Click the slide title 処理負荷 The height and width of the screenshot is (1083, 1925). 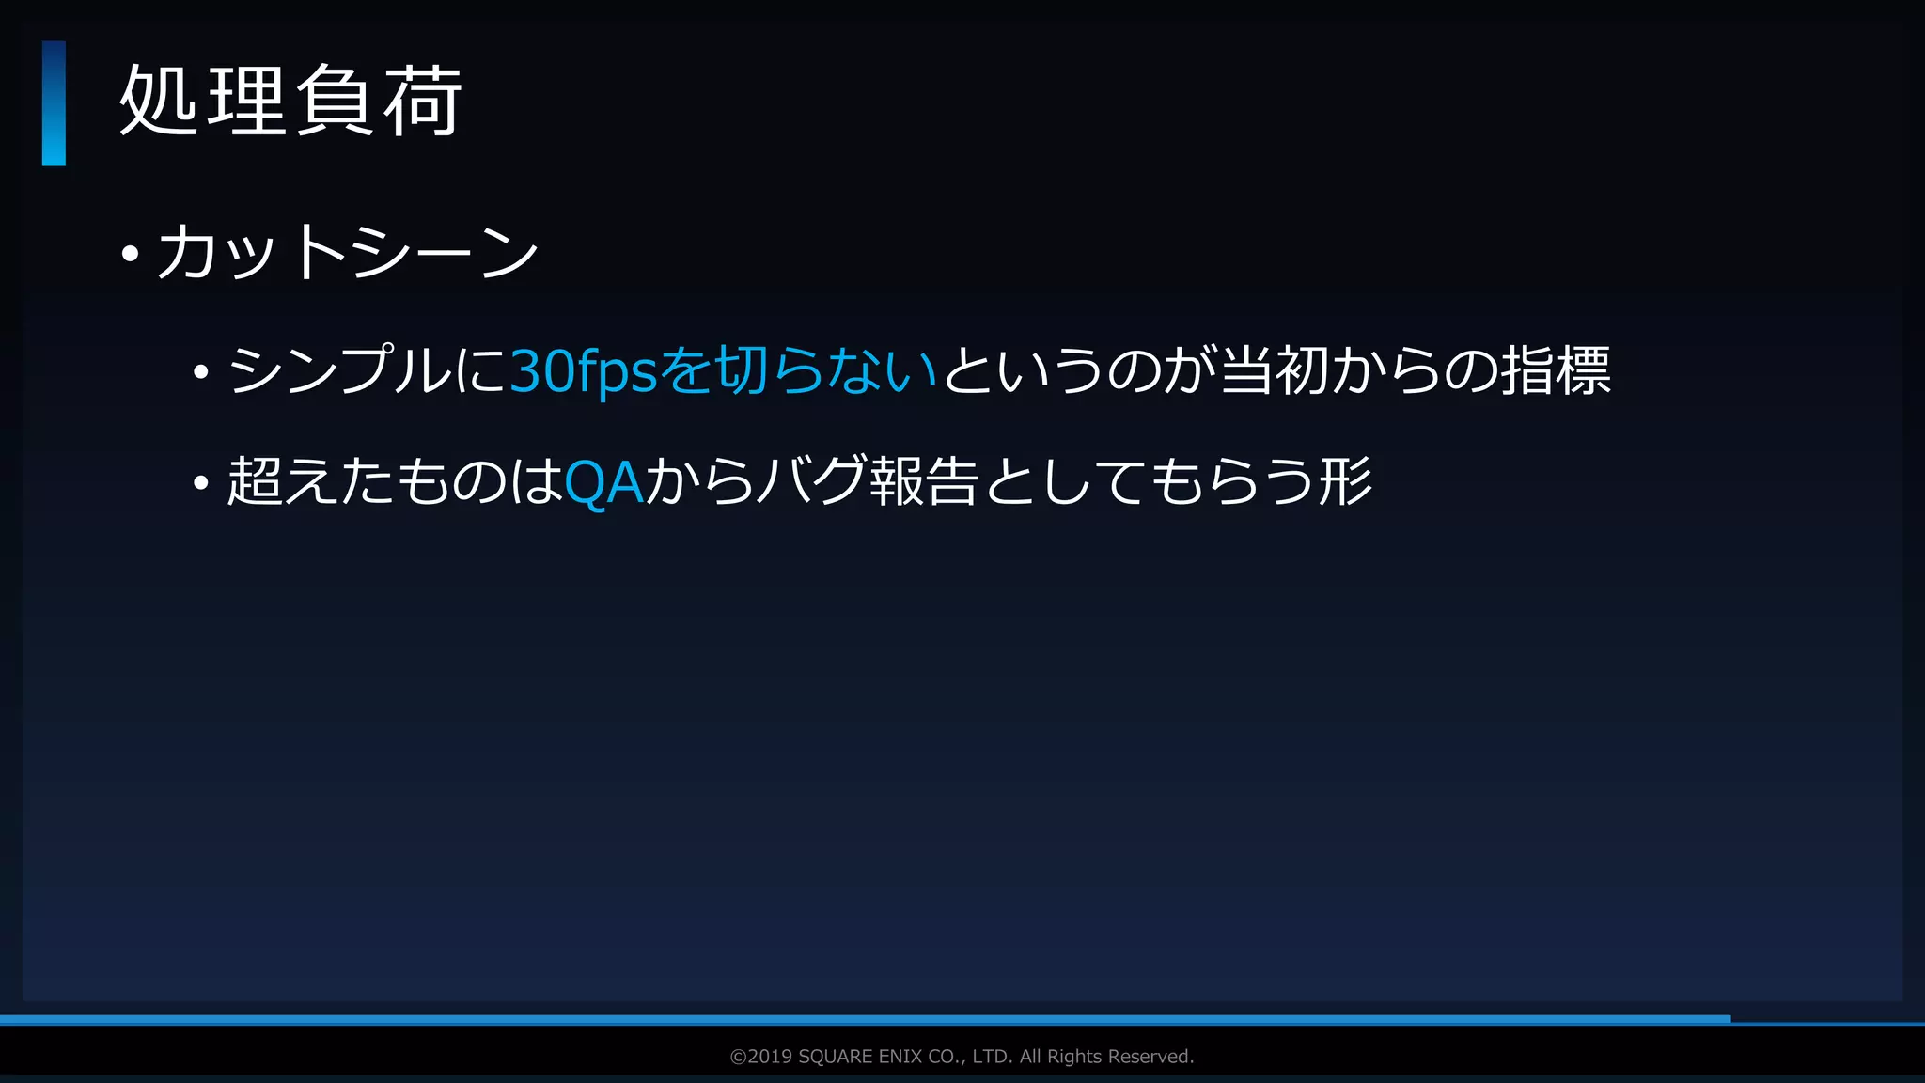click(290, 102)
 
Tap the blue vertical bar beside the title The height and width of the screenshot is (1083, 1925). click(54, 103)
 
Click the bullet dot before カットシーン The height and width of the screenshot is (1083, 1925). click(131, 254)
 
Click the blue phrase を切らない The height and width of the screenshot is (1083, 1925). click(799, 369)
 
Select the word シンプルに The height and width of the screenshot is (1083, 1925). click(367, 369)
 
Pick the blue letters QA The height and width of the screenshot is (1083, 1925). click(603, 482)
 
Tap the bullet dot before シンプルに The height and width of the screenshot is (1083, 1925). click(200, 372)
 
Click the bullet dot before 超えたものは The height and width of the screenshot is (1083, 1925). click(200, 483)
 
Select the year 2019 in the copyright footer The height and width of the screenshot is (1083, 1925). click(770, 1057)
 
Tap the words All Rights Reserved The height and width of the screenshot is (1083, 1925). click(1106, 1057)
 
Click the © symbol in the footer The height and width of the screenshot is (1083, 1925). click(738, 1057)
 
